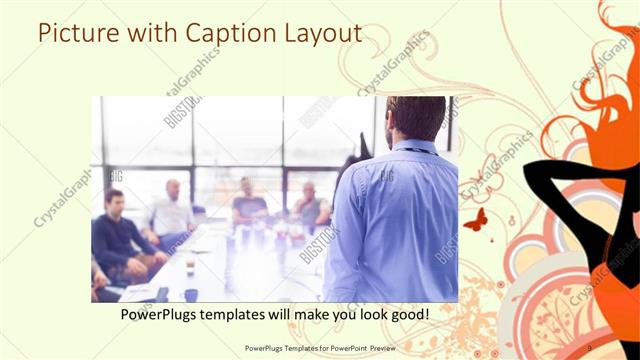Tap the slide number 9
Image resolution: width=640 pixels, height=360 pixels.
pos(589,347)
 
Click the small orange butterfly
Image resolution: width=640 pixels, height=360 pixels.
pos(476,219)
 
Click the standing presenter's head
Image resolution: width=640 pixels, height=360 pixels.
pos(413,116)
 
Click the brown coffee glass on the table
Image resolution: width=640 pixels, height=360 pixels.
pos(190,267)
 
